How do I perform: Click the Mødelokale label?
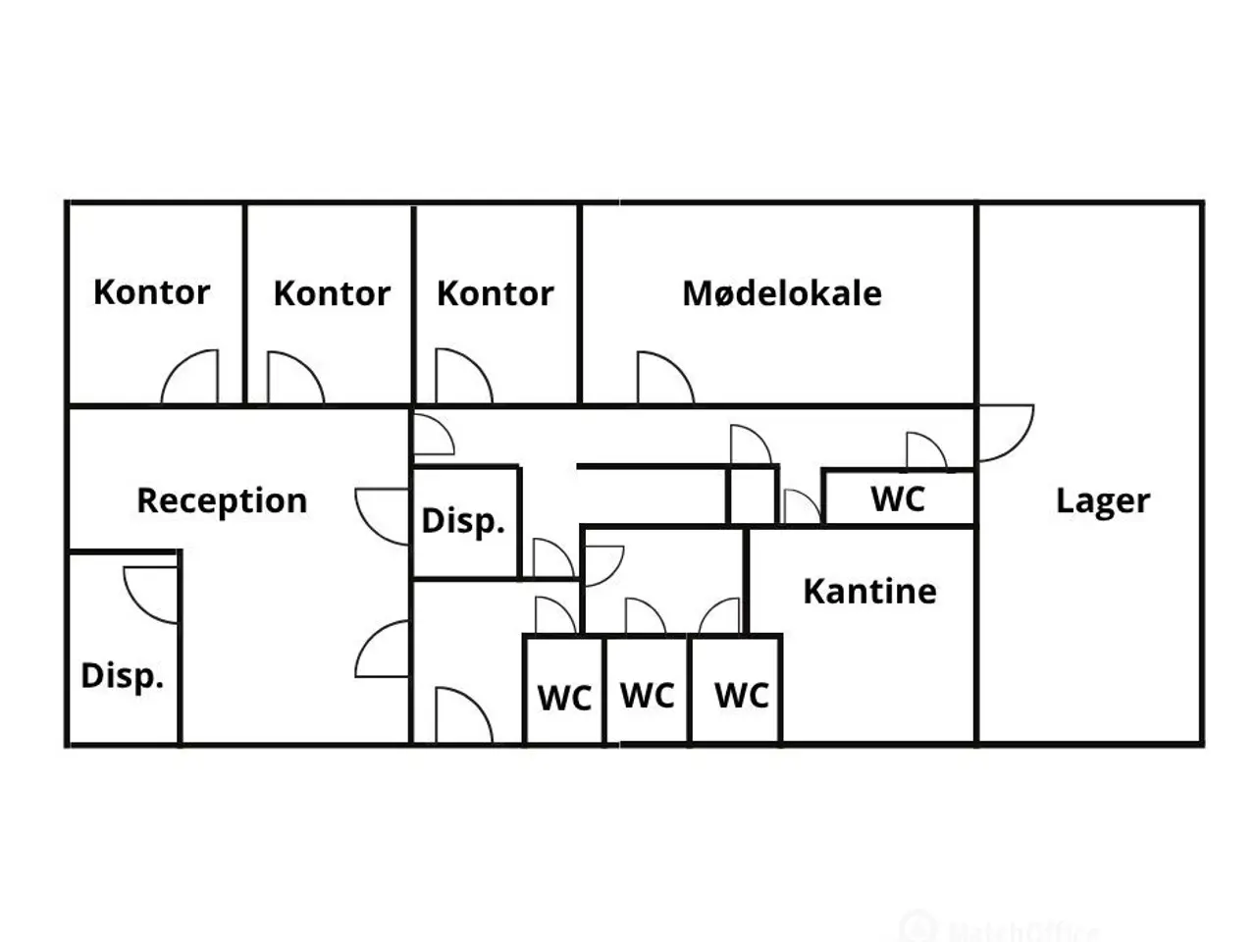(x=782, y=293)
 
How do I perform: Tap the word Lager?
(x=1103, y=501)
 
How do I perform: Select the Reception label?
(x=222, y=501)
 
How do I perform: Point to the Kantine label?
(x=869, y=591)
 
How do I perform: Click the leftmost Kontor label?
(x=152, y=292)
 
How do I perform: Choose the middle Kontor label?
(x=332, y=293)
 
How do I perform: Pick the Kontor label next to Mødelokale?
(x=495, y=293)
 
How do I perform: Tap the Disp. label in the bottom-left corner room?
(x=123, y=676)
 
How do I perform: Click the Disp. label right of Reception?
(x=463, y=521)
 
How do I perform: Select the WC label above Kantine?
(x=898, y=498)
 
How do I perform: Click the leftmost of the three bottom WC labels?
(x=564, y=698)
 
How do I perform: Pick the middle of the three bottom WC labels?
(x=648, y=696)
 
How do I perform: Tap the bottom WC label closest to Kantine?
(x=742, y=696)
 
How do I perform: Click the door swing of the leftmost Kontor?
(x=177, y=365)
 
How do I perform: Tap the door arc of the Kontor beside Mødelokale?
(x=477, y=365)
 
